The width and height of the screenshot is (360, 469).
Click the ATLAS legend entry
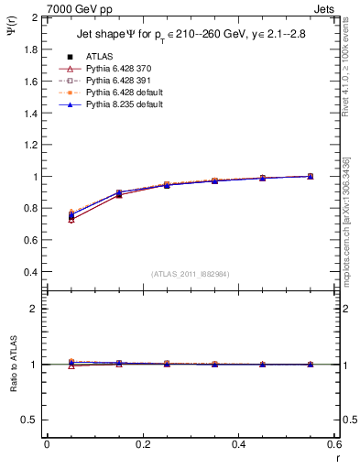(96, 57)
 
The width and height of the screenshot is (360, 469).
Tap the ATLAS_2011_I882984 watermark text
(191, 274)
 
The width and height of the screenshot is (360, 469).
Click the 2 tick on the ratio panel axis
(34, 309)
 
